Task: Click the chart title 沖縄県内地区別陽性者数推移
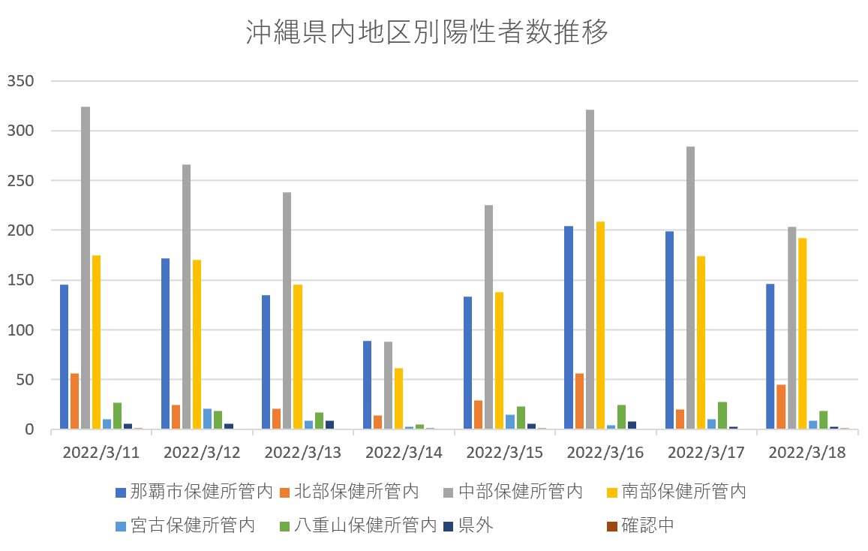pos(427,33)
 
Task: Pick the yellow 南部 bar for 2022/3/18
pos(802,333)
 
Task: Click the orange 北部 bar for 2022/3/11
pos(75,401)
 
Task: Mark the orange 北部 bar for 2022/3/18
pos(781,407)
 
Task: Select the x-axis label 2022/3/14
pos(404,453)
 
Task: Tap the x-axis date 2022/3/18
pos(807,453)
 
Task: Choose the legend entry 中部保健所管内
pos(521,492)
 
